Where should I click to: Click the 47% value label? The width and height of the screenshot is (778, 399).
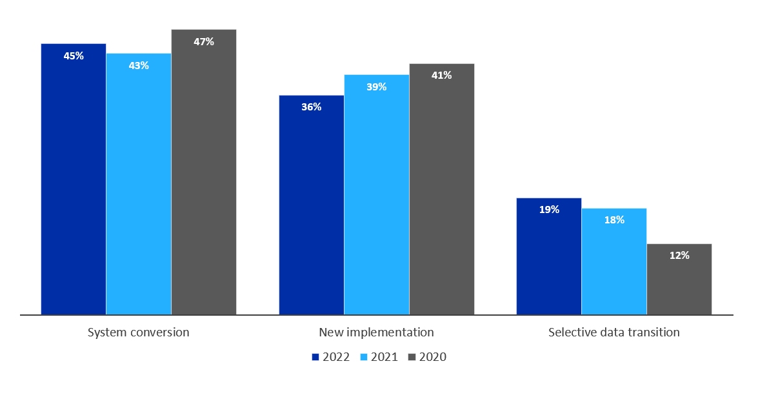click(x=204, y=42)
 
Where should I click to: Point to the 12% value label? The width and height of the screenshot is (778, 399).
click(x=679, y=256)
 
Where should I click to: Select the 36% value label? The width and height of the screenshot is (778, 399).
click(x=312, y=107)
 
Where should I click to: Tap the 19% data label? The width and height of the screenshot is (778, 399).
click(x=549, y=210)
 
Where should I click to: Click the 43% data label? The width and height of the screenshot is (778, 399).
click(x=139, y=65)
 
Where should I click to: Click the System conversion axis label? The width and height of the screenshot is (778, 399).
click(x=139, y=332)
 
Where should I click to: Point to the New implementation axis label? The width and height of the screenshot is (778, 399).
click(x=377, y=332)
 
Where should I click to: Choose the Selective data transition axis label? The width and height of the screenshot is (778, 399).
click(x=614, y=332)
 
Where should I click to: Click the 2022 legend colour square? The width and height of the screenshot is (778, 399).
click(x=315, y=357)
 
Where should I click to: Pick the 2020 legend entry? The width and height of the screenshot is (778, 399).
click(x=428, y=357)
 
